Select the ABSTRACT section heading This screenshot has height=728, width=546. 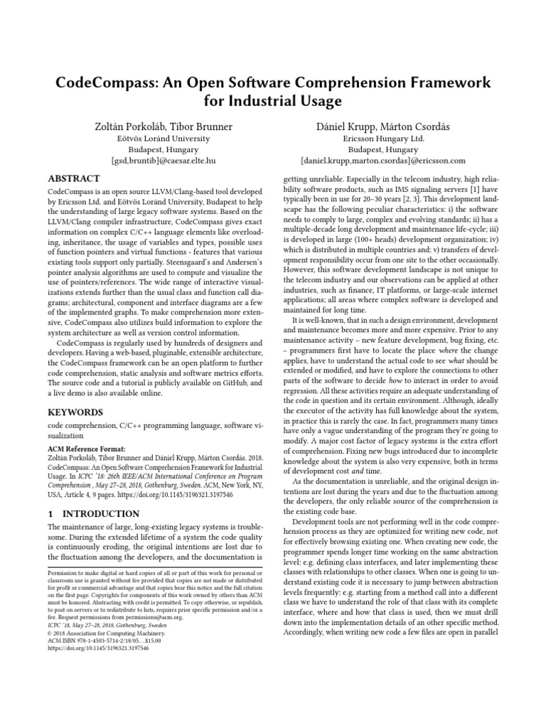(x=74, y=178)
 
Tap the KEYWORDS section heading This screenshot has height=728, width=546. (x=75, y=412)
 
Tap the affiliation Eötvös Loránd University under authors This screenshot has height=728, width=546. (x=163, y=139)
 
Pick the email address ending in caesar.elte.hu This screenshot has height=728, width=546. (x=163, y=161)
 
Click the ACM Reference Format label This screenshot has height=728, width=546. (x=86, y=449)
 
